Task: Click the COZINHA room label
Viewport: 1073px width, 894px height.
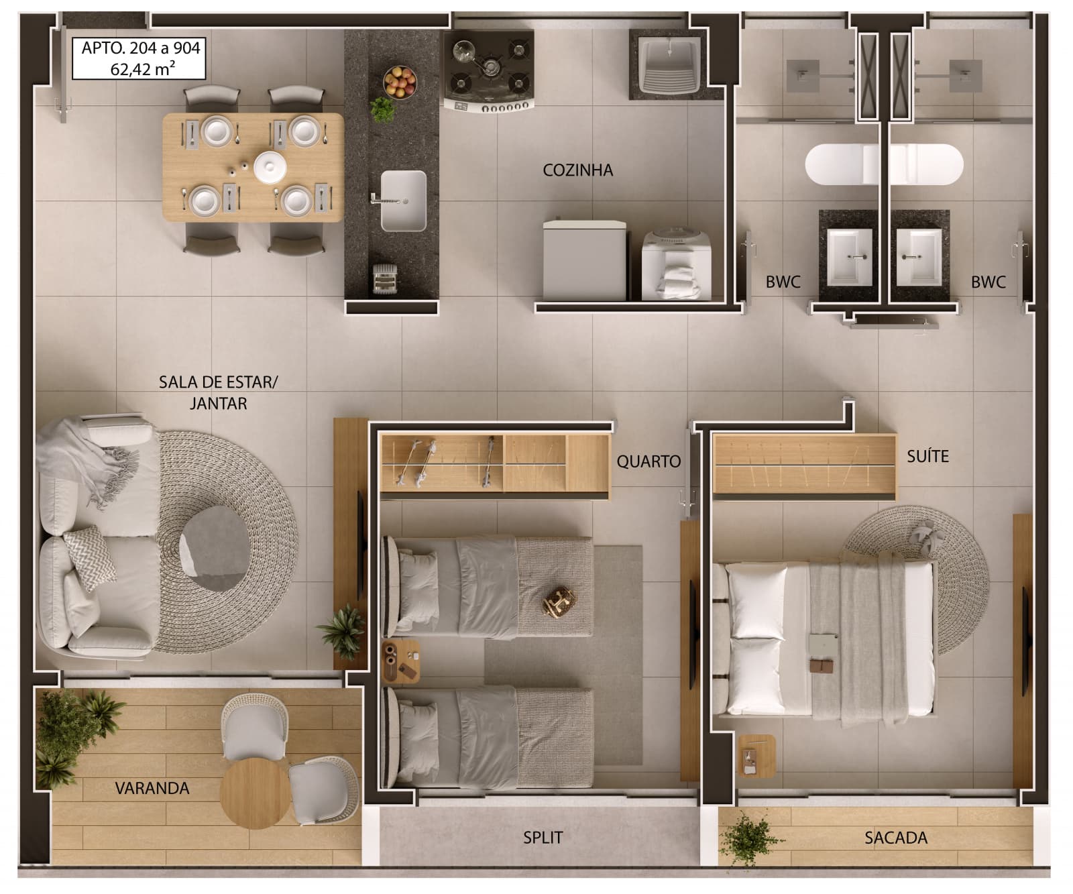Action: [x=577, y=170]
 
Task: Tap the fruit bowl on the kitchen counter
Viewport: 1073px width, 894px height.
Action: [x=400, y=82]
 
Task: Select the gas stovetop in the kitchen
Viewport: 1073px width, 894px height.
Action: [x=488, y=70]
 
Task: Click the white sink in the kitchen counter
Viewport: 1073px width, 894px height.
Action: [x=402, y=201]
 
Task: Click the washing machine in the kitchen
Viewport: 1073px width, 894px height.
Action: [x=676, y=265]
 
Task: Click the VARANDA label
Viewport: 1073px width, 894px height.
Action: [x=152, y=788]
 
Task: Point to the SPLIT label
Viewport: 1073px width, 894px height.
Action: [x=543, y=838]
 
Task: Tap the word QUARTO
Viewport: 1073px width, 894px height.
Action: [x=648, y=461]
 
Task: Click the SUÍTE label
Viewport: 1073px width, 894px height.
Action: [x=927, y=457]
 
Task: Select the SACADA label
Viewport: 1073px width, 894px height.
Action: [x=895, y=838]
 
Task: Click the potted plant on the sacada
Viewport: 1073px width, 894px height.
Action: [x=746, y=838]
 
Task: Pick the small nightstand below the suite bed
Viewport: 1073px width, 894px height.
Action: [x=756, y=756]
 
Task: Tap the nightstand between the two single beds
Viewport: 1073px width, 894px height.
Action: [x=401, y=661]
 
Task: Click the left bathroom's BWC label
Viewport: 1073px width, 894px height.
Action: [x=783, y=282]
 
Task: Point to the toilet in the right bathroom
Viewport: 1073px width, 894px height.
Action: [x=926, y=164]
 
